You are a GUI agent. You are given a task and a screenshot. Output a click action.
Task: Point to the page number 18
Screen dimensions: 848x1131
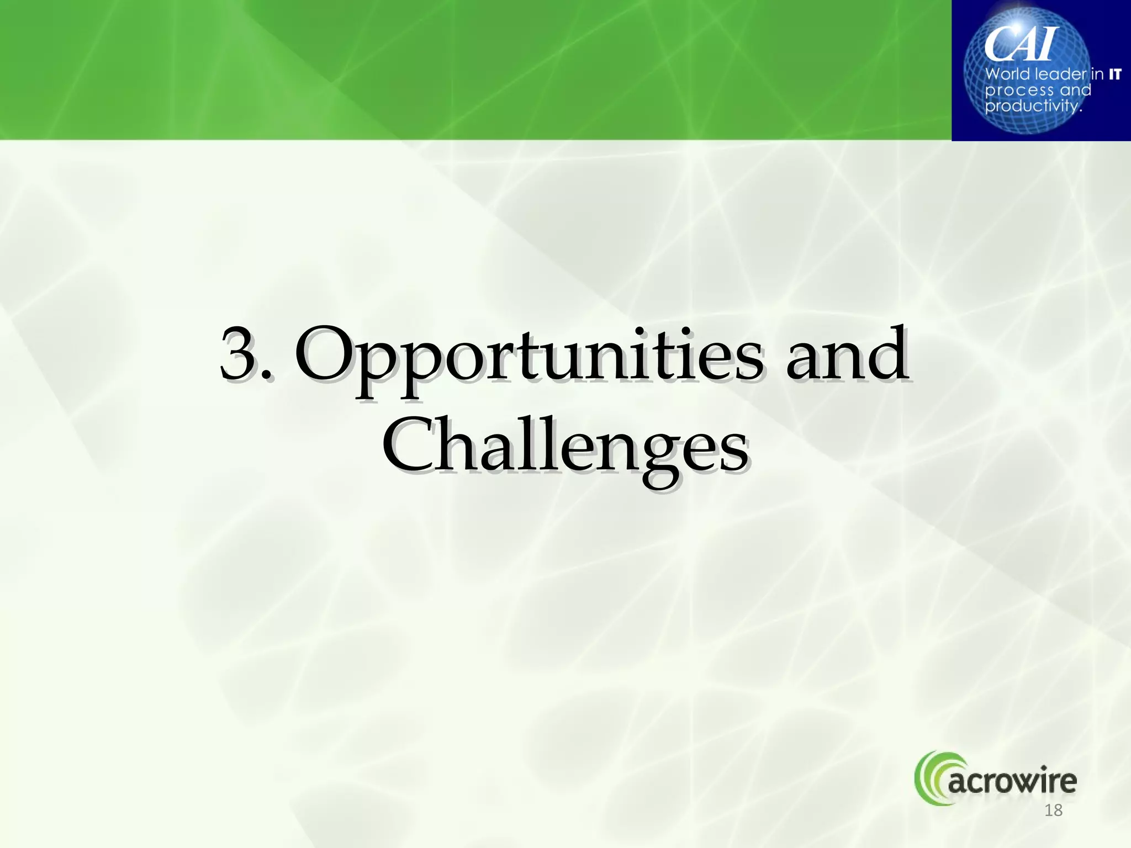[1054, 810]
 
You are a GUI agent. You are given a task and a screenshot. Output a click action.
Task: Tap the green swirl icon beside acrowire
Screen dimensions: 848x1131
[931, 777]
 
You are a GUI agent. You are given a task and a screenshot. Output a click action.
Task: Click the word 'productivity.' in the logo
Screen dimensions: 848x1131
[1033, 105]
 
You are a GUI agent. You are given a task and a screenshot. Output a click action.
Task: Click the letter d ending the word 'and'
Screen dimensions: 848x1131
[886, 353]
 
